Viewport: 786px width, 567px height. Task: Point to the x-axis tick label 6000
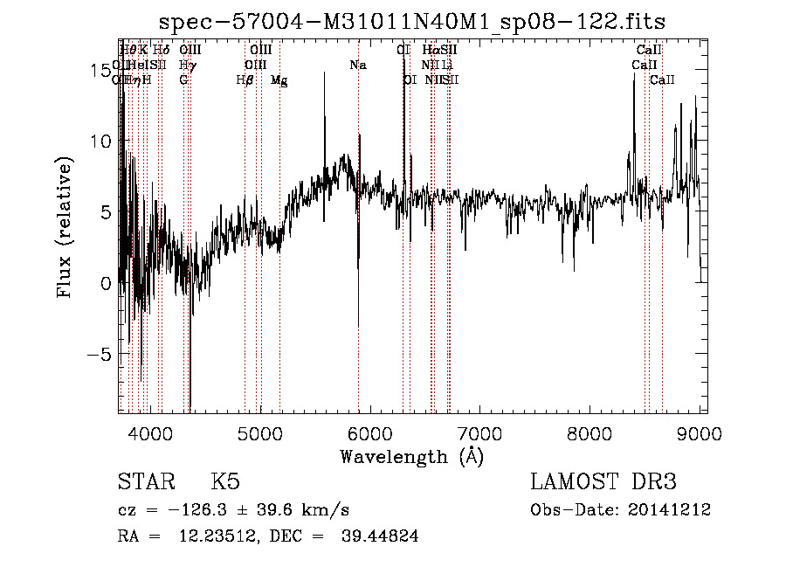tap(370, 434)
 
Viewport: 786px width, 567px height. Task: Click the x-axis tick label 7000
tap(480, 434)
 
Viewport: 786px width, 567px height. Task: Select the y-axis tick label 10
tap(100, 141)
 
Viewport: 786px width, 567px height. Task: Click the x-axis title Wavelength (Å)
tap(411, 456)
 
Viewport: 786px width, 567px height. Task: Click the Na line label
tap(358, 66)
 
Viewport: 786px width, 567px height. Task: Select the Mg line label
tap(279, 80)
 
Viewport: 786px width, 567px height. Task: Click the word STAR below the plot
tap(144, 482)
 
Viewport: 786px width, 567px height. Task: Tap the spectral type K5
tap(225, 482)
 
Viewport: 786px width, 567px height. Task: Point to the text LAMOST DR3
tap(603, 482)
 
